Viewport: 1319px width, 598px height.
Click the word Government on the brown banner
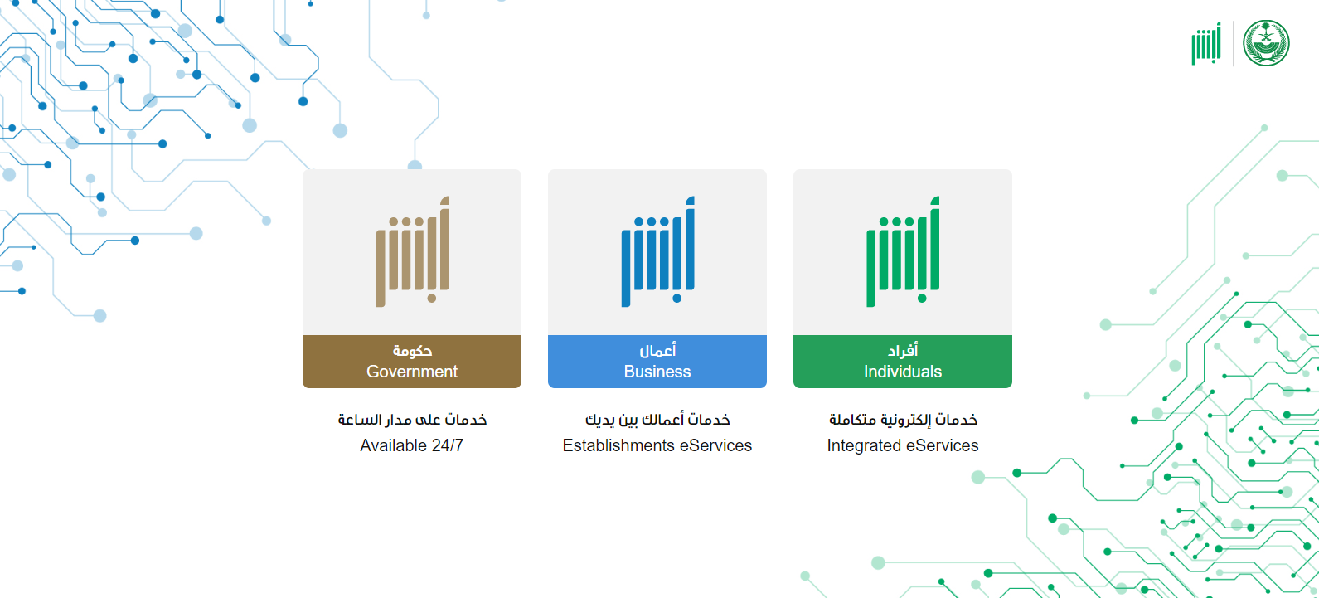(411, 372)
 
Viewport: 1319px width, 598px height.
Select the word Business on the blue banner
(657, 372)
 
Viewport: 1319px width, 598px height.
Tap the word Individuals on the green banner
(903, 372)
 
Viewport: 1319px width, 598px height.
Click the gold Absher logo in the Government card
(413, 251)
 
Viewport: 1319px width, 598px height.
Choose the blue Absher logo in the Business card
(657, 251)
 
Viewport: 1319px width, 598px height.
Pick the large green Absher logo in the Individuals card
(903, 251)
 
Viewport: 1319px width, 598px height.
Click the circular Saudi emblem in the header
(1266, 43)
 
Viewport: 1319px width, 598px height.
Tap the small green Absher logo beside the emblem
(1206, 44)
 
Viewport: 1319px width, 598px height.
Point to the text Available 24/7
(411, 445)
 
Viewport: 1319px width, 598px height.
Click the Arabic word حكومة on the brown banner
(412, 351)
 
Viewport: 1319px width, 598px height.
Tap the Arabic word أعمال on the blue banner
(657, 351)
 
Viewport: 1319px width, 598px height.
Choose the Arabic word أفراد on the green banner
(903, 351)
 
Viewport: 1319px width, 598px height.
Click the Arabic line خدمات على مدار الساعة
(412, 420)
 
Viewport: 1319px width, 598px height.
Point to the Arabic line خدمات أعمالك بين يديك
(657, 420)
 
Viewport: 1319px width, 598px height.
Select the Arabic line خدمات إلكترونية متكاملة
(904, 420)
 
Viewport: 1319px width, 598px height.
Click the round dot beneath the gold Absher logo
(432, 299)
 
